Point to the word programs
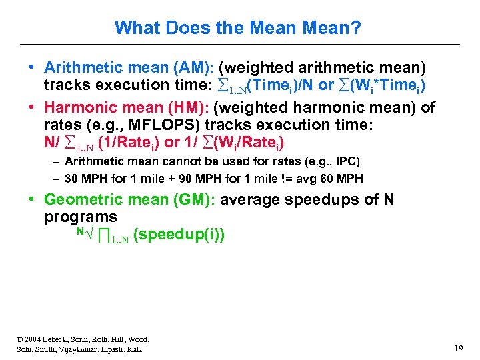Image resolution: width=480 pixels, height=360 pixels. pos(80,217)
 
